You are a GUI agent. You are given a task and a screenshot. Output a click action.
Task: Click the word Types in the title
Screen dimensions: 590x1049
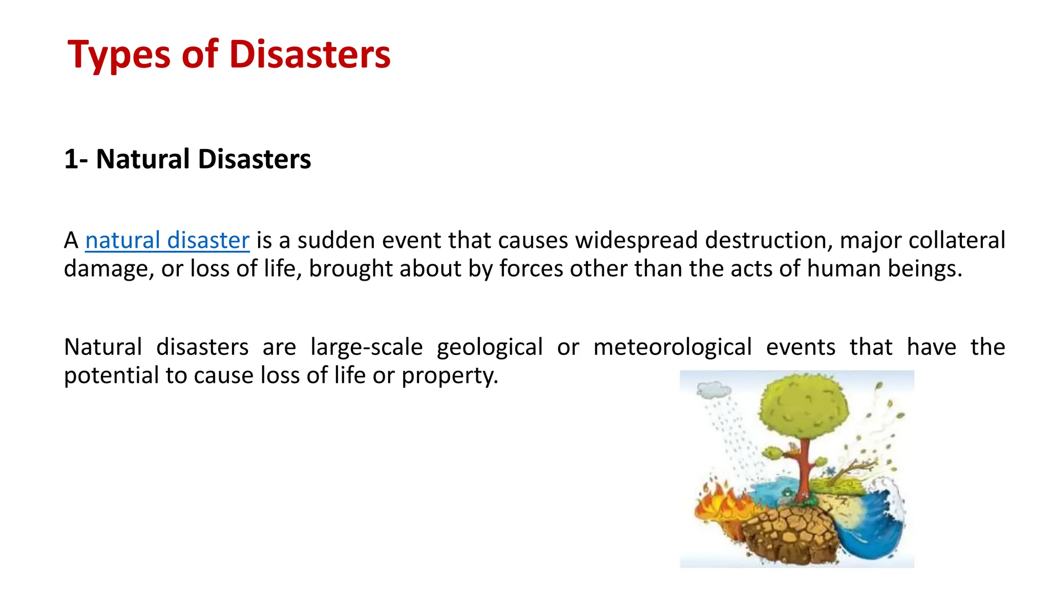pyautogui.click(x=119, y=55)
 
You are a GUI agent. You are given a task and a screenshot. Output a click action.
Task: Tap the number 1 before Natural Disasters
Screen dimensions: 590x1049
pyautogui.click(x=70, y=159)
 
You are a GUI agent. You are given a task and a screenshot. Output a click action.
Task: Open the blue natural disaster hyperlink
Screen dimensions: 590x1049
pyautogui.click(x=167, y=240)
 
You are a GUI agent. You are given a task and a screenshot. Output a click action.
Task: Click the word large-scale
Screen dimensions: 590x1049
pyautogui.click(x=367, y=347)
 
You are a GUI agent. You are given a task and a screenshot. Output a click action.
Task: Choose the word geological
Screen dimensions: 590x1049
pyautogui.click(x=490, y=347)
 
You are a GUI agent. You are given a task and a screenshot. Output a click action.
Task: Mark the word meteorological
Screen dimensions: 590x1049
pyautogui.click(x=673, y=347)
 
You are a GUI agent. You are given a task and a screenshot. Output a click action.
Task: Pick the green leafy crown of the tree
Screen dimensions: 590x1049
pyautogui.click(x=802, y=405)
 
